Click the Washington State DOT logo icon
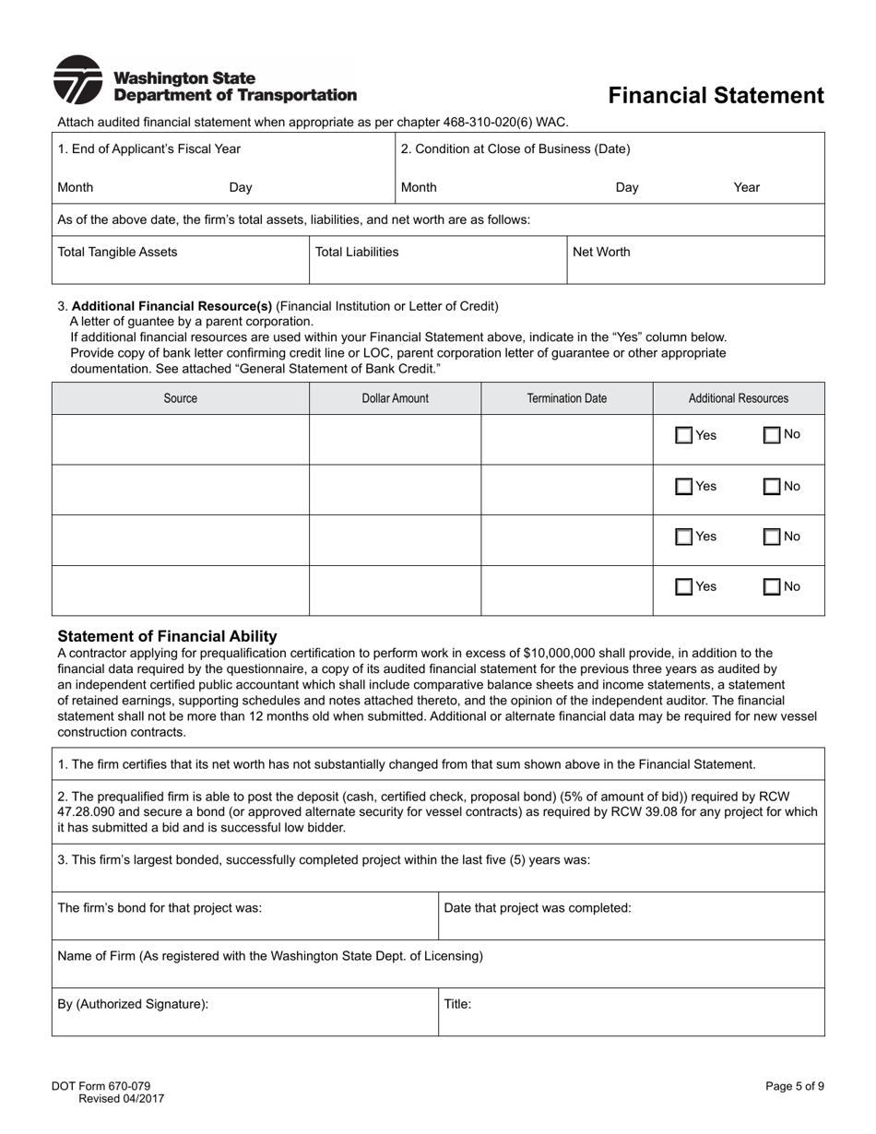(x=77, y=80)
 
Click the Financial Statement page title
(x=716, y=96)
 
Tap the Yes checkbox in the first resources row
(x=684, y=436)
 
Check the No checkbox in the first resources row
(x=772, y=435)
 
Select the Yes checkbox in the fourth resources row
(x=684, y=587)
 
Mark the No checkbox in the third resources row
(x=772, y=537)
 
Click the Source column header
(x=180, y=398)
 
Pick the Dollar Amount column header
(x=395, y=398)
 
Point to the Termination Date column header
(x=566, y=398)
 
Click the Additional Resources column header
(x=739, y=398)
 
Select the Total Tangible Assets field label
(x=117, y=252)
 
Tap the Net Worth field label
(x=601, y=252)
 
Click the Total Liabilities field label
(x=357, y=252)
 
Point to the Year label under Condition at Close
(x=746, y=187)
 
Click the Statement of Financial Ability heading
(x=167, y=636)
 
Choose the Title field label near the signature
(x=457, y=1004)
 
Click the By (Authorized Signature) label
(x=133, y=1004)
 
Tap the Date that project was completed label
(x=538, y=908)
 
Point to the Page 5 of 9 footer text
(x=794, y=1086)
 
